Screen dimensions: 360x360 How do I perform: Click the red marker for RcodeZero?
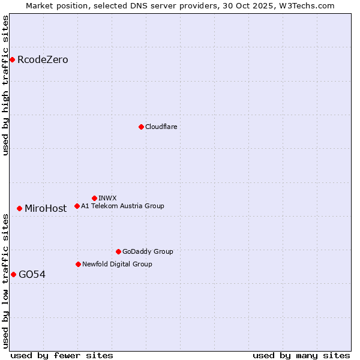pos(12,59)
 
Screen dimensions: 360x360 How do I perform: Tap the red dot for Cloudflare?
pos(141,127)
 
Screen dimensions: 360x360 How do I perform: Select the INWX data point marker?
pos(94,198)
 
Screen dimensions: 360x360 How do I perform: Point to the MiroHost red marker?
pos(19,208)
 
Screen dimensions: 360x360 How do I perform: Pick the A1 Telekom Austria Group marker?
pos(77,206)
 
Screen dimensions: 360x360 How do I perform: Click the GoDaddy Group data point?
pos(118,251)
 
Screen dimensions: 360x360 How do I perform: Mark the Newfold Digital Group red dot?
pos(78,264)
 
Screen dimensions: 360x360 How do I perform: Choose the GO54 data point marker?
pos(13,274)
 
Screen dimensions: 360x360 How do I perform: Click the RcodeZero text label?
pos(43,59)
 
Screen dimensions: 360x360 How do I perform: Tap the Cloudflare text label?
pos(161,127)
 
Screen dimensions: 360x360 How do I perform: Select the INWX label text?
pos(107,198)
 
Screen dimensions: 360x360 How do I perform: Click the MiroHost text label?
pos(46,208)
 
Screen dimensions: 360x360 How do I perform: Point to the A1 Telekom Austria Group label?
pos(122,206)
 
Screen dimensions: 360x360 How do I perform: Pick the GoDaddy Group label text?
pos(148,251)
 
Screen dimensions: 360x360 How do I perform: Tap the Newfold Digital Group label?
pos(117,264)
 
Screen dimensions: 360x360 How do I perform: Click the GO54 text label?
pos(32,274)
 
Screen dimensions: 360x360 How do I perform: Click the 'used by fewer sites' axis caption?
pos(62,355)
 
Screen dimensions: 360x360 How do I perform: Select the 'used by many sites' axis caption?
pos(301,355)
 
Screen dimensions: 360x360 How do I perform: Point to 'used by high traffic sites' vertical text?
pos(5,85)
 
